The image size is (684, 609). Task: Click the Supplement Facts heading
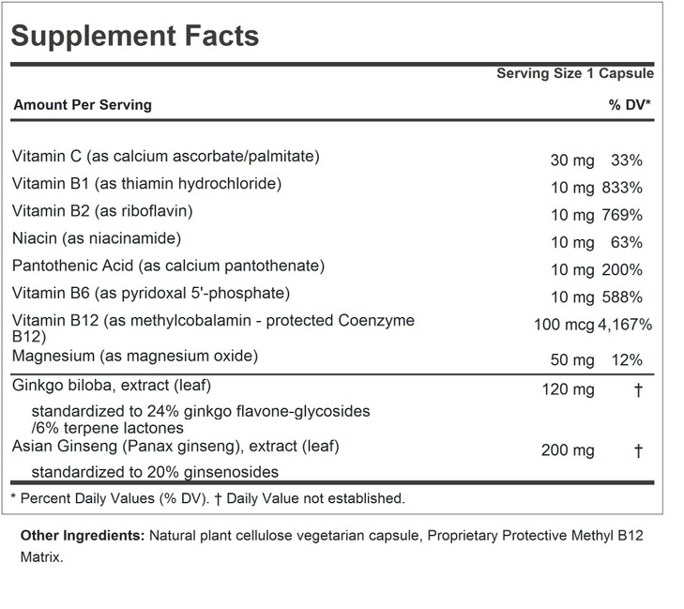[135, 36]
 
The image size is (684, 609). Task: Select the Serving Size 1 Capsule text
[574, 74]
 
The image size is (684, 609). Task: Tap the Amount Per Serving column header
[83, 105]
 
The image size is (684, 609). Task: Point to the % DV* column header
[630, 105]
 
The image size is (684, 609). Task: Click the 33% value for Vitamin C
[626, 160]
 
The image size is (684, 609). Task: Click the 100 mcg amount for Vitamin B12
[559, 325]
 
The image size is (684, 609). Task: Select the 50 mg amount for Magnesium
[571, 359]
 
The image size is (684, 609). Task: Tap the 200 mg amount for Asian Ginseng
[568, 450]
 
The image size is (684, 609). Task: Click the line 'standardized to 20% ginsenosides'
[155, 472]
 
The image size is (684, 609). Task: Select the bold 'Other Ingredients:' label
[80, 535]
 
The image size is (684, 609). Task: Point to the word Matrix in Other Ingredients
[39, 556]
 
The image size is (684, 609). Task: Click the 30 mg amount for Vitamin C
[571, 160]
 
